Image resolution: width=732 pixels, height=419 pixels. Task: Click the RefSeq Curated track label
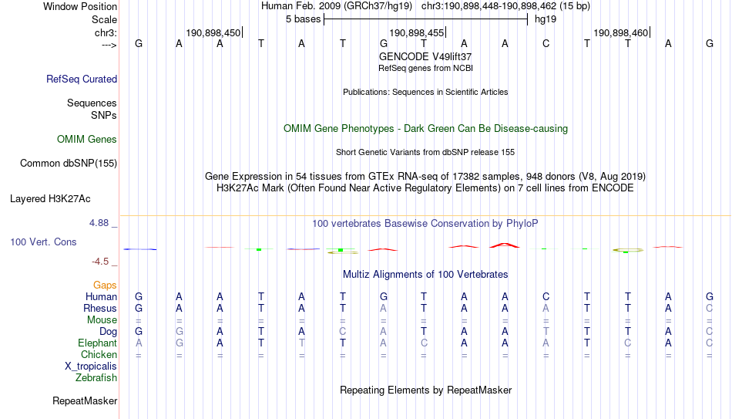pos(82,79)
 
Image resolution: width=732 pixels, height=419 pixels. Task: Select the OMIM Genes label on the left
pos(87,140)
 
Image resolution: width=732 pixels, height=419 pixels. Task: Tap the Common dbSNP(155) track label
pos(69,164)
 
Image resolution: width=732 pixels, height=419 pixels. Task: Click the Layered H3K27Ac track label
pos(50,199)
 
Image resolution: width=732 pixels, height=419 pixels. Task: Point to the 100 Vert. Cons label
pos(43,242)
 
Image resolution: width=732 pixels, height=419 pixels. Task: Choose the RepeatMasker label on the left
pos(85,400)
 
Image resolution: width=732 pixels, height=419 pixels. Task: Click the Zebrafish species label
pos(96,377)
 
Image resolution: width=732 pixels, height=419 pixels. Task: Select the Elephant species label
pos(98,343)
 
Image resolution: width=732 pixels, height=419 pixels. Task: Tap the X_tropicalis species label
pos(91,367)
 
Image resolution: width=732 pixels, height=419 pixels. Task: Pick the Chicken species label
pos(99,354)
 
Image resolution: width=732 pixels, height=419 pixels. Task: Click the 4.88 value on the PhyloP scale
pos(99,223)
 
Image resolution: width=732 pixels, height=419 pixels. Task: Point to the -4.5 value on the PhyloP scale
pos(100,262)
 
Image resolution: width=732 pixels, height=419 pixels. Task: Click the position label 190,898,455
pos(416,32)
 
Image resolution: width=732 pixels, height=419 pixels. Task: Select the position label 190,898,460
pos(620,32)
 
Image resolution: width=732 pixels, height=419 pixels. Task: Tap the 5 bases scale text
pos(304,19)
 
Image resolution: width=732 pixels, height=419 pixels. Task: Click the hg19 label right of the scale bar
pos(546,19)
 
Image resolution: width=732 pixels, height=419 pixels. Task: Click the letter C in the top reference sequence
pos(546,43)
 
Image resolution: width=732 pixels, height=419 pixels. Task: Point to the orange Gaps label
pos(105,285)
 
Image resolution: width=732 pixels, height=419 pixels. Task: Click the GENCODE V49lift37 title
pos(425,56)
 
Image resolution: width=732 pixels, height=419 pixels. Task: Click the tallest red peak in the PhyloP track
pos(505,245)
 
